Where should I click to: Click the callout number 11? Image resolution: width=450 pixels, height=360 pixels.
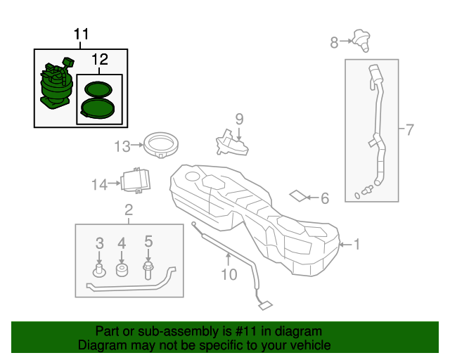coord(82,34)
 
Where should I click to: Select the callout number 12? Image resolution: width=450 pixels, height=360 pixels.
coord(99,60)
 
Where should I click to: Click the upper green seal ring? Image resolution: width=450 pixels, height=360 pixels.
coord(98,89)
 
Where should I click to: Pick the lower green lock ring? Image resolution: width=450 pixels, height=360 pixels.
coord(97,108)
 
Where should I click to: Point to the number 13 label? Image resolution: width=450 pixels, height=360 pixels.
coord(123,146)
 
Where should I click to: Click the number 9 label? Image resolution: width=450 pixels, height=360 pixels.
coord(238,119)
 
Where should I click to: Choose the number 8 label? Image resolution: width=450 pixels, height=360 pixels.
coord(335,43)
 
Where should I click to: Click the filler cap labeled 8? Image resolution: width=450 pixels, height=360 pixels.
coord(361,40)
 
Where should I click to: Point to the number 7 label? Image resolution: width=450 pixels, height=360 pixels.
coord(409,129)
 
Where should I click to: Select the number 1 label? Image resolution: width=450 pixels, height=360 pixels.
coord(356,245)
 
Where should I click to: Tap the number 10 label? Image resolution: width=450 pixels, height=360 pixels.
coord(229,274)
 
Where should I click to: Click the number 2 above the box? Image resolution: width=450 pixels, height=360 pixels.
coord(129,209)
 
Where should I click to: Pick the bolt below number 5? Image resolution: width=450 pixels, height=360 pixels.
coord(148,271)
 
